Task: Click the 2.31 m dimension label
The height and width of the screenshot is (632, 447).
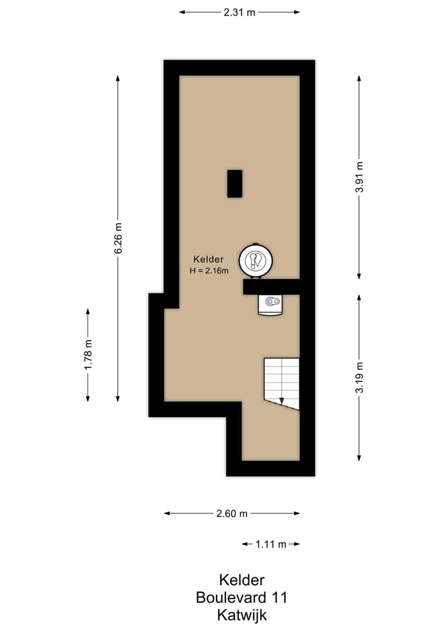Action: coord(240,12)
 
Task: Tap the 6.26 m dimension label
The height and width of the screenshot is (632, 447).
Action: coord(118,238)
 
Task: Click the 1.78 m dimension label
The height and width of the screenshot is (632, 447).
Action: coord(88,355)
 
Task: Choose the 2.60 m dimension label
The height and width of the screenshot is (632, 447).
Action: coord(232,513)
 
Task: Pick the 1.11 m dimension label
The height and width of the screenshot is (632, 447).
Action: coord(271,544)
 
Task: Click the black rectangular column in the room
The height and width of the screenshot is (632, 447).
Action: coord(235,184)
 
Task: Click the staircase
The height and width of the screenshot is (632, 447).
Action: coord(281,382)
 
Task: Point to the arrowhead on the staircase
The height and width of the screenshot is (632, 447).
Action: coord(281,401)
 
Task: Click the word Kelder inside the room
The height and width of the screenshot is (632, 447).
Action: coord(209,259)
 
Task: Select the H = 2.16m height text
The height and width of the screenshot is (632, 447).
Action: coord(209,270)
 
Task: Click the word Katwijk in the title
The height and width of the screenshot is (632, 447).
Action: coord(242,616)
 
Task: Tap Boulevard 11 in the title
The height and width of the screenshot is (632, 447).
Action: coord(242,598)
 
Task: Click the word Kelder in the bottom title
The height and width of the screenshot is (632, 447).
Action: coord(242,580)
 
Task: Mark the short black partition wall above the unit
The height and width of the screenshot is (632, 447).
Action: coord(271,287)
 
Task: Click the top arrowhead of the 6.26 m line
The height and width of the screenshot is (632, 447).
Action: coord(118,77)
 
